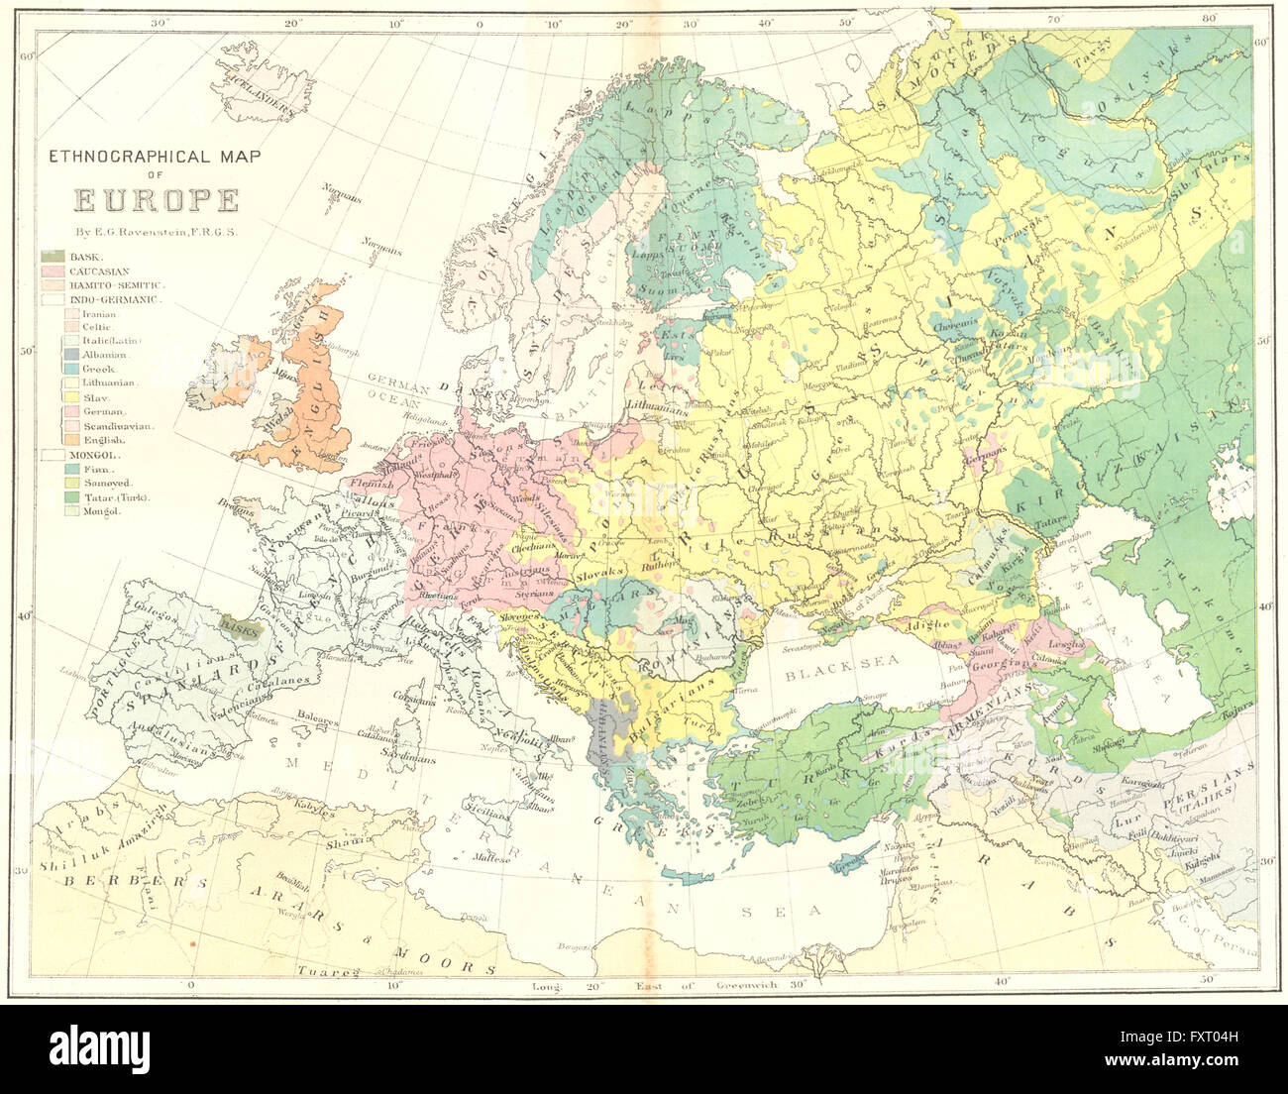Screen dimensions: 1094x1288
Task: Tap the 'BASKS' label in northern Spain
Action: click(238, 626)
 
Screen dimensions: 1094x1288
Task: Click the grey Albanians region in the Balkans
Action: click(603, 733)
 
